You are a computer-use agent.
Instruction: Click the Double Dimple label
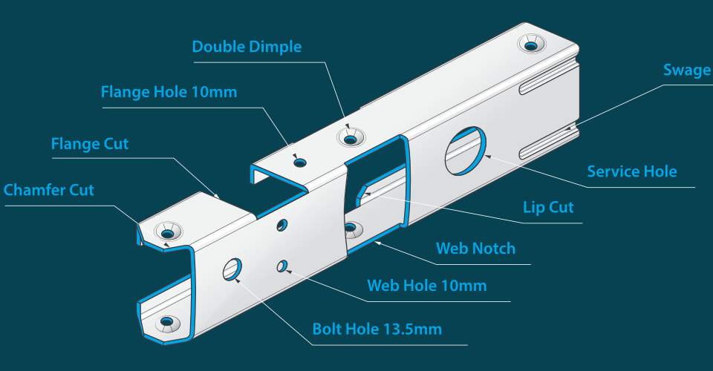click(247, 47)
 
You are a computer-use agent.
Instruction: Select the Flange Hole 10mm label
click(169, 93)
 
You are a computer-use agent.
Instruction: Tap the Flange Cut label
click(89, 143)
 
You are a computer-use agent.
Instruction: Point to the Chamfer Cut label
click(49, 190)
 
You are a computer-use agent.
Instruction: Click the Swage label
click(686, 70)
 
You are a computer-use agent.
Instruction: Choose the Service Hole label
click(631, 171)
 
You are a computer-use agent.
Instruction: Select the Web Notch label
click(475, 248)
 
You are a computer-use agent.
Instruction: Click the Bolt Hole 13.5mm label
click(377, 329)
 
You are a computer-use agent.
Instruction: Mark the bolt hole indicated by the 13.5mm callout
click(232, 269)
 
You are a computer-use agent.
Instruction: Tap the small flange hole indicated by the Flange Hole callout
click(299, 162)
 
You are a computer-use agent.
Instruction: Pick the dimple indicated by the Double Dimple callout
click(350, 137)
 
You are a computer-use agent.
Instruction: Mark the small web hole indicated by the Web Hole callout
click(281, 265)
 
